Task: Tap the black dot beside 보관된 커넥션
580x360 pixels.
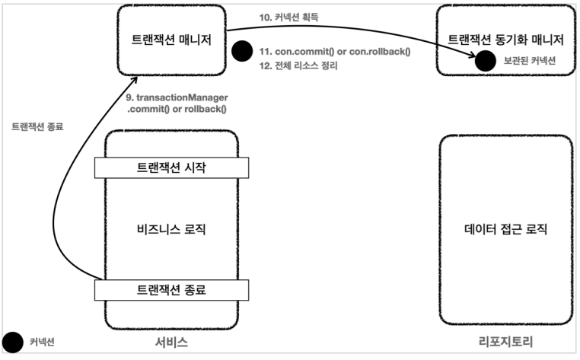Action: (486, 60)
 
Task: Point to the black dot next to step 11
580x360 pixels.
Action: (241, 52)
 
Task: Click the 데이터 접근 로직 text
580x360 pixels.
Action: (505, 228)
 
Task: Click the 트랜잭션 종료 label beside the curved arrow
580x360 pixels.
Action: (37, 127)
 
